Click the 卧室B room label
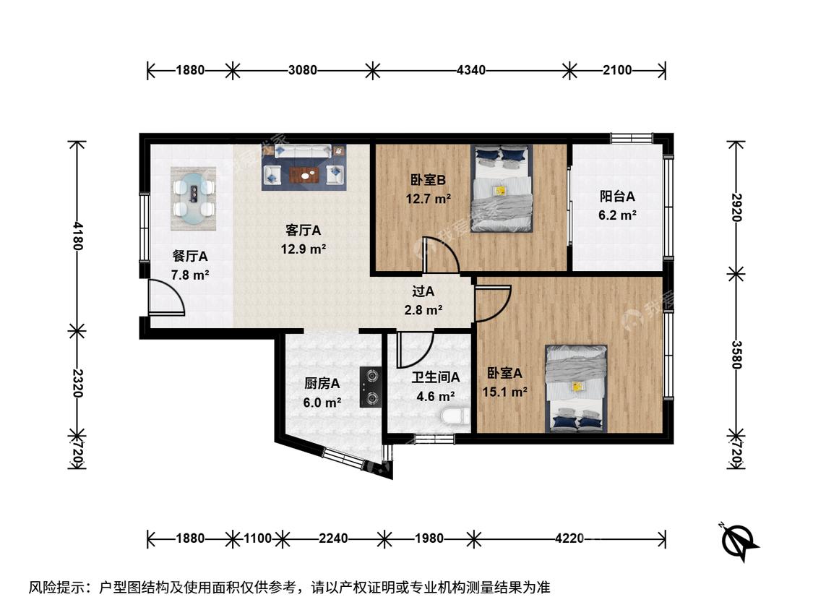click(428, 180)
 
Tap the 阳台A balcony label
click(617, 197)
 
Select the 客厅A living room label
click(304, 230)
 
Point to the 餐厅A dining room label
click(190, 257)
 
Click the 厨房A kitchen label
click(322, 383)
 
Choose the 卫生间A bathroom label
click(436, 377)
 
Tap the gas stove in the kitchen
click(371, 386)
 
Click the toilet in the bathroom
click(455, 416)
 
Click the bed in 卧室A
click(576, 389)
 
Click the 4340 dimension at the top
click(470, 70)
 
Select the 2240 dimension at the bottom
click(333, 538)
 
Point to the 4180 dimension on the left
click(77, 236)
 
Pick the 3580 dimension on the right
click(736, 355)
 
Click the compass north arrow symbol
click(740, 541)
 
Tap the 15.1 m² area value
click(505, 392)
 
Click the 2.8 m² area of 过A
click(423, 310)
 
